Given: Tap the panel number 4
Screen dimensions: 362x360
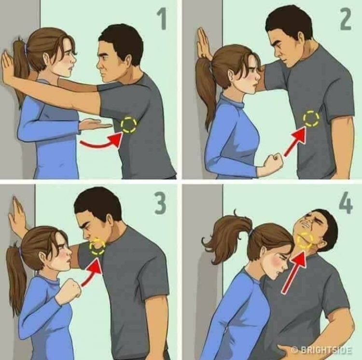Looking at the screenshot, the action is click(346, 203).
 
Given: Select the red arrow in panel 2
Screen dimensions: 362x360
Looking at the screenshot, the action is click(296, 142).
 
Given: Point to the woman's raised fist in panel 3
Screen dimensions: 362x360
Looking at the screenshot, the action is click(70, 287).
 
